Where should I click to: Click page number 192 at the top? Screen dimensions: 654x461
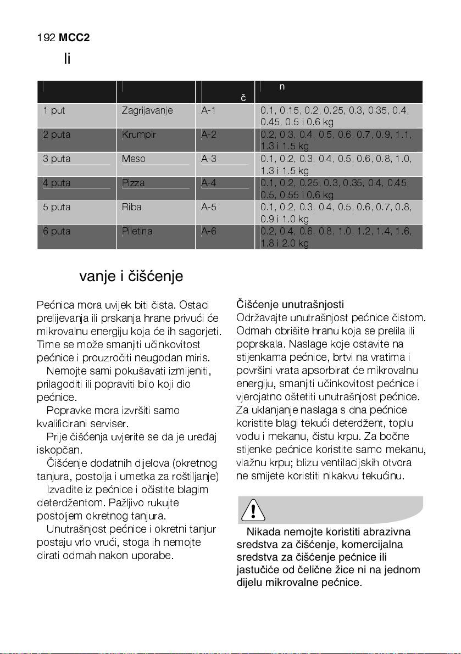pos(46,38)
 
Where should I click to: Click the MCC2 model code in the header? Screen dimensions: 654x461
pos(75,38)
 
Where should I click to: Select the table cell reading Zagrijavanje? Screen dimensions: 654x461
pos(147,110)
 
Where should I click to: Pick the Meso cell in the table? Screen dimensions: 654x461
pos(134,159)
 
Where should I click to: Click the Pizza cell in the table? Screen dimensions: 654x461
pos(134,183)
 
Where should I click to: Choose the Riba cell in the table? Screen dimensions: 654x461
pos(132,207)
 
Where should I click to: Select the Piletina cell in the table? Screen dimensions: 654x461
pos(137,231)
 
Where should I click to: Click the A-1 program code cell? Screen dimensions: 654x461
pos(209,110)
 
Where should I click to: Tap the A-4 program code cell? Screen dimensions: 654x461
pos(209,183)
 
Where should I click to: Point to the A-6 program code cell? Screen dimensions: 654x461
pos(209,231)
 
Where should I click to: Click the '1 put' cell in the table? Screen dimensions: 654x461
pos(54,110)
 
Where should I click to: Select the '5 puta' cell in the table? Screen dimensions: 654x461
pos(57,207)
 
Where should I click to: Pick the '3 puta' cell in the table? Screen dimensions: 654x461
pos(57,159)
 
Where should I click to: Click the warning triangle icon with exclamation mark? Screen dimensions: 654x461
pos(252,511)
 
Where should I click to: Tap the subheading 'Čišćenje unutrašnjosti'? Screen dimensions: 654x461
pos(290,304)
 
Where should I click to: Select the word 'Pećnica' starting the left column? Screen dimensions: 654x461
pos(53,304)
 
